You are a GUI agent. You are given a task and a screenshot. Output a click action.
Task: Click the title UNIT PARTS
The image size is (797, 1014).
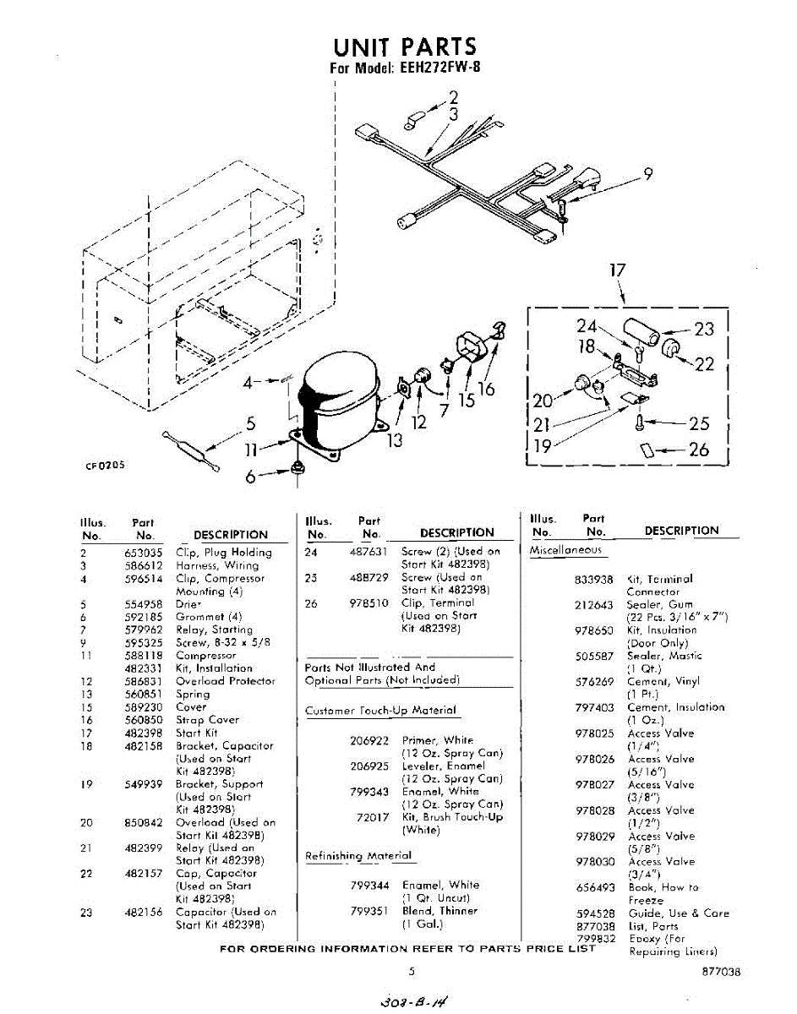click(404, 46)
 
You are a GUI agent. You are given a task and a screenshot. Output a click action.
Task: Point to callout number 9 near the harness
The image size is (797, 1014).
click(647, 174)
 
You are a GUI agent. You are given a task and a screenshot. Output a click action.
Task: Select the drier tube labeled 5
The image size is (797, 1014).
click(192, 450)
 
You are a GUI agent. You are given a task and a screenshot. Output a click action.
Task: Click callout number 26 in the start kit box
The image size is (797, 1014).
click(699, 450)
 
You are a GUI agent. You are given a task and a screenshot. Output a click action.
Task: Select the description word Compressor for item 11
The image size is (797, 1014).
click(206, 656)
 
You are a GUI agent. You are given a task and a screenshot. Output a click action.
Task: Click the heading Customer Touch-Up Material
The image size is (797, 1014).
click(381, 711)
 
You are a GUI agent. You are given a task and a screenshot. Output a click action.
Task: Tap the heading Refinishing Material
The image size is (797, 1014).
click(358, 856)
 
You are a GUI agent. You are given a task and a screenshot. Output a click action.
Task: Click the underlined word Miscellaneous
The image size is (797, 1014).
click(566, 551)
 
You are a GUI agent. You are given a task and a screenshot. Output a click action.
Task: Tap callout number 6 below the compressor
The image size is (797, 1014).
click(250, 477)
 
